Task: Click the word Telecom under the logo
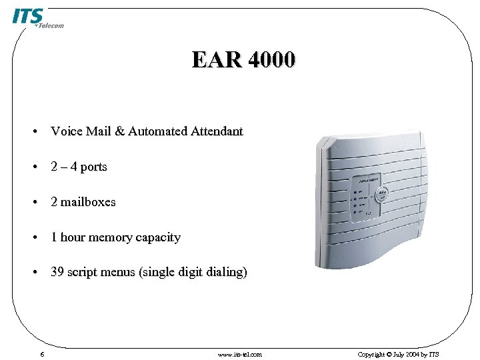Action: pos(51,26)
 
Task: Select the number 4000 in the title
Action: pos(271,60)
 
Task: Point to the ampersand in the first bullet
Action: pos(119,131)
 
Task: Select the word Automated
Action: pos(157,131)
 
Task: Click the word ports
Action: pos(93,167)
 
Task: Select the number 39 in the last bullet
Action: pos(57,273)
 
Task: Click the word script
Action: pos(83,273)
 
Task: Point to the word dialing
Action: pos(223,273)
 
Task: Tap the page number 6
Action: pos(42,354)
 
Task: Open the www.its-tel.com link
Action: pos(240,354)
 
